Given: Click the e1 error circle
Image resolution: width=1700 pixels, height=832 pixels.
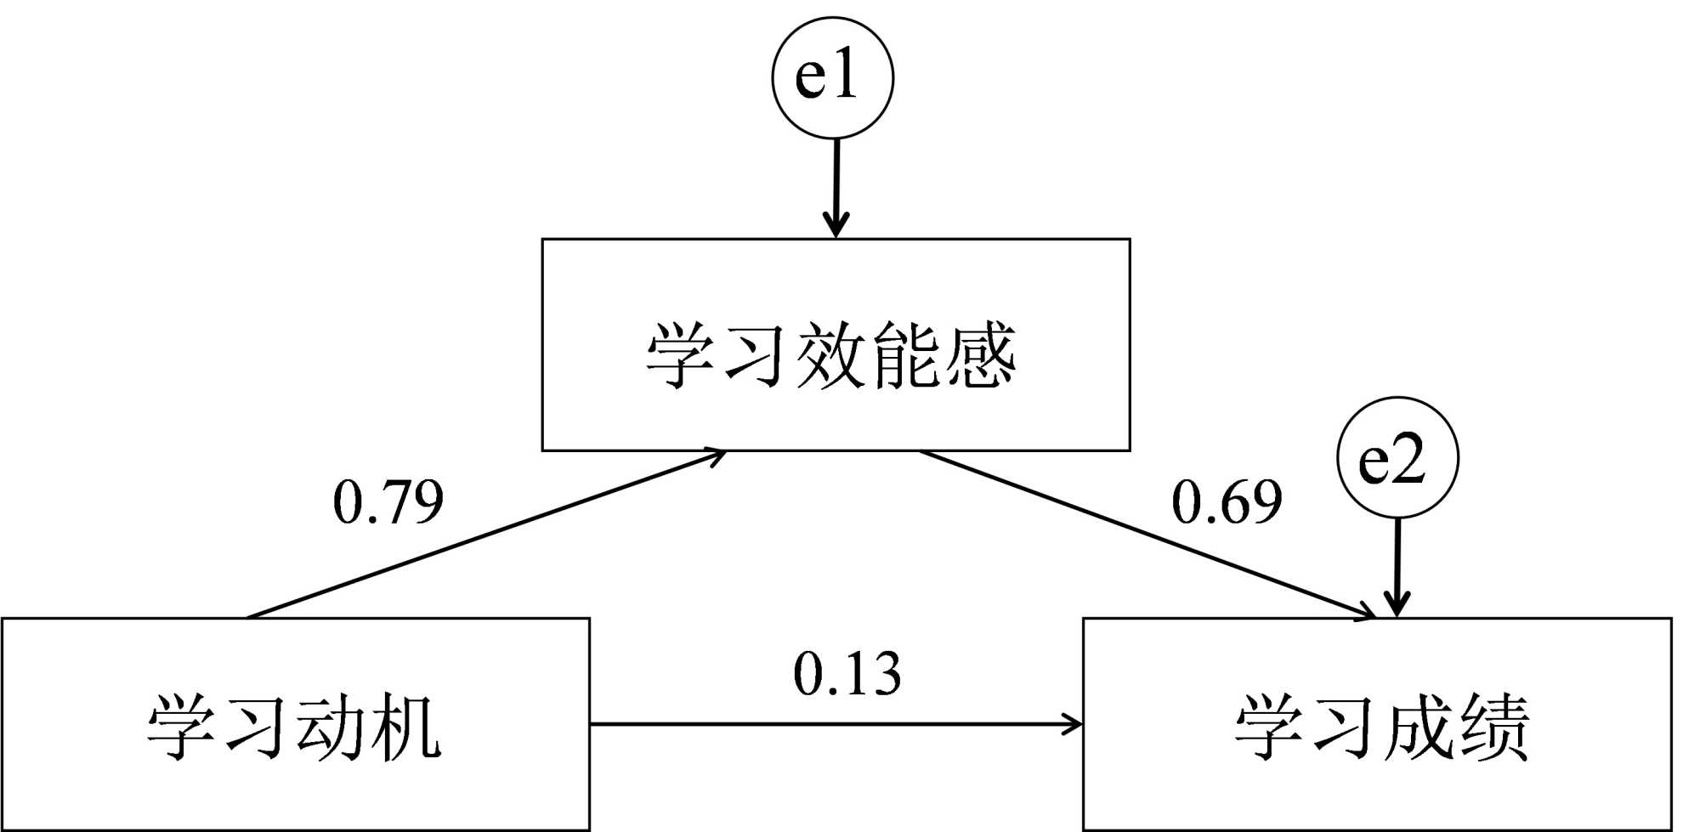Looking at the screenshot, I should pos(832,77).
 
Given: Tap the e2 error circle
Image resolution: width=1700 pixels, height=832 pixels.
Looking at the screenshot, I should pos(1397,458).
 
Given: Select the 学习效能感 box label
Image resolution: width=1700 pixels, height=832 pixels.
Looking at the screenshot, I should pos(831,355).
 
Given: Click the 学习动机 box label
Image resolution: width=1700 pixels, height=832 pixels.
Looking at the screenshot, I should pos(294,727).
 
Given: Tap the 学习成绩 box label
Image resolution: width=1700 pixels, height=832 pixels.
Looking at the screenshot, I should pos(1382,727).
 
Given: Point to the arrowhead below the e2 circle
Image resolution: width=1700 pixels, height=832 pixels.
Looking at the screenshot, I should pos(1397,606).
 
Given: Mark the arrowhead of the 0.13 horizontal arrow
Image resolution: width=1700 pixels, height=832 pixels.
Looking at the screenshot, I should pos(1074,725).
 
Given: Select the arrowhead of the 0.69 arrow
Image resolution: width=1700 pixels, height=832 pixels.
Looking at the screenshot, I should pos(1365,613).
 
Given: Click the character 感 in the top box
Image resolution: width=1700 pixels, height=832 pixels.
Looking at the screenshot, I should pos(980,355).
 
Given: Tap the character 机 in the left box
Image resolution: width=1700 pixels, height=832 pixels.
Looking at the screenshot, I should pos(406,727).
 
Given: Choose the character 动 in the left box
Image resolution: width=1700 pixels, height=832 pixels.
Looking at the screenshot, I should pos(331,727).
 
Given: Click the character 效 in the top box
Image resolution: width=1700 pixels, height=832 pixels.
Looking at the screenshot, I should pos(830,355).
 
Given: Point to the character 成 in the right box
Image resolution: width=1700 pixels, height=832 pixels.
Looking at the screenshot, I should pos(1418,727).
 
